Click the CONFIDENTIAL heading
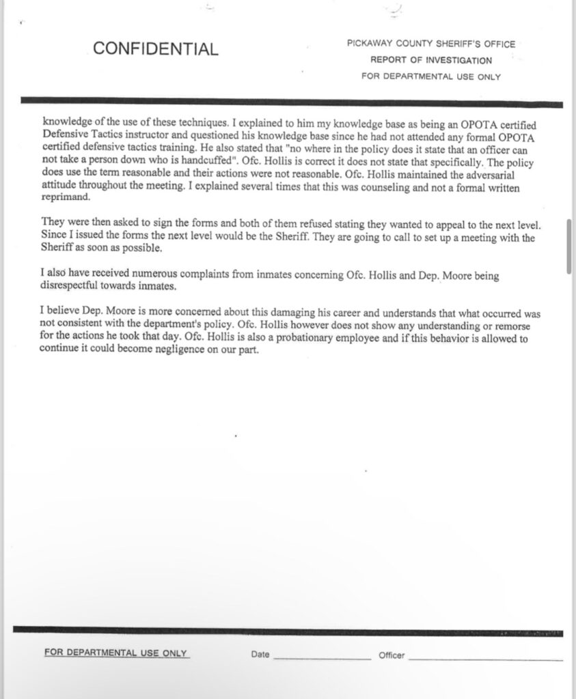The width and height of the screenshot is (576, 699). point(156,49)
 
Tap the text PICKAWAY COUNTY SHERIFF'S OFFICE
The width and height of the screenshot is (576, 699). point(431,44)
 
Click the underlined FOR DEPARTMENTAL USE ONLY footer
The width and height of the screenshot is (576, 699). point(116,653)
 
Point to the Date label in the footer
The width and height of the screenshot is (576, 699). point(260,655)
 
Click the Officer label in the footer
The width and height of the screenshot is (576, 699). point(392,655)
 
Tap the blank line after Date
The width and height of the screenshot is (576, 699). point(321,658)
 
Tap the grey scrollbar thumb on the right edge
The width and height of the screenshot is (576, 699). point(568,246)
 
